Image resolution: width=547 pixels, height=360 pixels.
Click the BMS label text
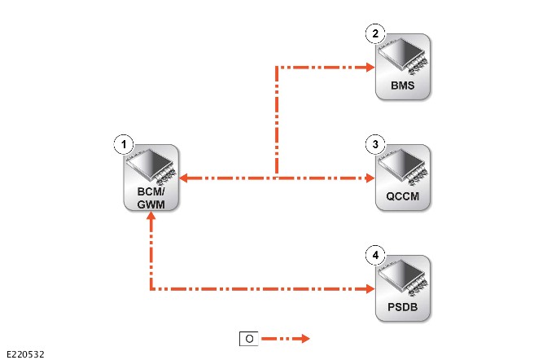tap(403, 86)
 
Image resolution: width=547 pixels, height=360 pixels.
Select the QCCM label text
tap(403, 196)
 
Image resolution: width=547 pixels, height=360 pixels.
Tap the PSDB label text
tap(403, 307)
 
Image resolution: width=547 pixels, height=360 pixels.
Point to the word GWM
tap(151, 204)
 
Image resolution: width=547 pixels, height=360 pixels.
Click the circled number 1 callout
tap(124, 144)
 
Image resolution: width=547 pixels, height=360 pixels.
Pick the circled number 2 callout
tap(375, 33)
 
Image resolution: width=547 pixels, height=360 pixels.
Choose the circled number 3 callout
tap(375, 144)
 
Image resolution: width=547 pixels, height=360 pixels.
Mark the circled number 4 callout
tap(375, 255)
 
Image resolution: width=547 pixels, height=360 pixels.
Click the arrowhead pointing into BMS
tap(370, 67)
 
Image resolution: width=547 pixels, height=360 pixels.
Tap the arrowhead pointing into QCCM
tap(370, 178)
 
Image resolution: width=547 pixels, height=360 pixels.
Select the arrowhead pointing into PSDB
tap(370, 289)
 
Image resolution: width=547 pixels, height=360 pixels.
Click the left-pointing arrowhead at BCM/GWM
tap(183, 178)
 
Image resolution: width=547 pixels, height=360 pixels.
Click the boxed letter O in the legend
tap(249, 339)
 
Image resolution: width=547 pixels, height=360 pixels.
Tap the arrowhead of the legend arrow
tap(305, 338)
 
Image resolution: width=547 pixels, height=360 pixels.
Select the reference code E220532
tap(25, 354)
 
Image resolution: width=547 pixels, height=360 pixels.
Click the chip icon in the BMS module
tap(404, 56)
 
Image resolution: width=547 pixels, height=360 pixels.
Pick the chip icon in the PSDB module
tap(404, 279)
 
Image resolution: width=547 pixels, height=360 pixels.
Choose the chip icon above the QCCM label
tap(404, 168)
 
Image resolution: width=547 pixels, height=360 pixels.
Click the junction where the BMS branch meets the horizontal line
tap(277, 178)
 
